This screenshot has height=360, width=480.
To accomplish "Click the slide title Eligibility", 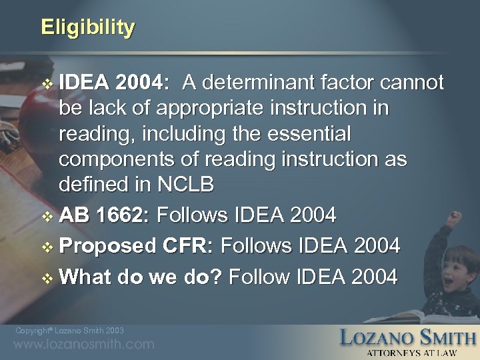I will click(x=87, y=27).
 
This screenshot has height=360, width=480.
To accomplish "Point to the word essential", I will click(x=304, y=133).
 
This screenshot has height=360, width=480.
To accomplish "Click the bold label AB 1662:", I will click(x=117, y=217).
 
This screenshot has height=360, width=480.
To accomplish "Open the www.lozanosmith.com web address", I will click(x=83, y=345).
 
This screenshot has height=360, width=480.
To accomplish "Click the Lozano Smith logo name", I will click(x=407, y=337).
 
